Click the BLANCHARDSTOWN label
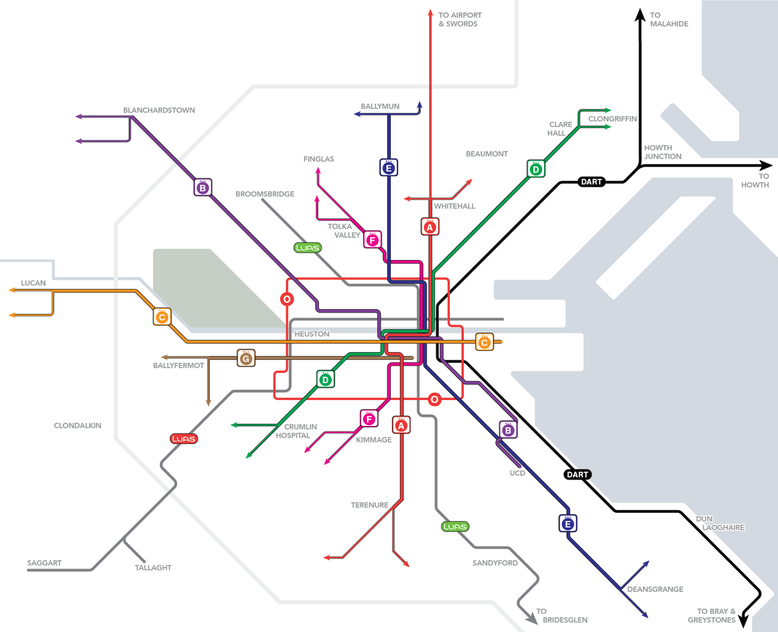tap(159, 110)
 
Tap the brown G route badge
tap(245, 358)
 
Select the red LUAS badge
tap(183, 439)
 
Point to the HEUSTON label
tap(312, 334)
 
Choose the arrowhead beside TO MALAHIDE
tap(639, 14)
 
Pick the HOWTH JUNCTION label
tap(663, 152)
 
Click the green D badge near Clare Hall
tap(536, 169)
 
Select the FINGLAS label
tap(318, 159)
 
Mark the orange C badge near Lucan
tap(162, 317)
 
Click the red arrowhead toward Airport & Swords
tap(430, 13)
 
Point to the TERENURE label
tap(370, 505)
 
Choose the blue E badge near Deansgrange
tap(568, 523)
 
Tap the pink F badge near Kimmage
tap(369, 419)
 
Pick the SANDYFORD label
tap(495, 563)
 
